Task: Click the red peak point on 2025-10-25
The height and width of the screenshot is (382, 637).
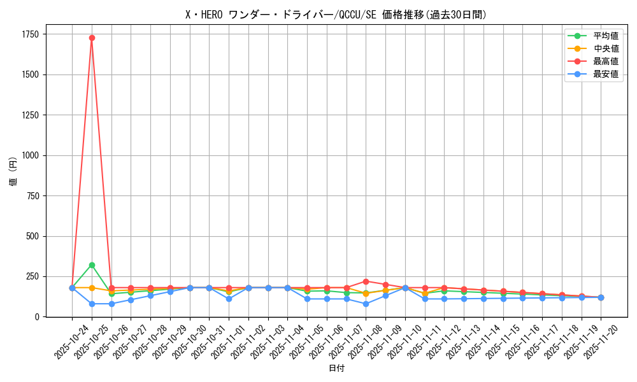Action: coord(92,38)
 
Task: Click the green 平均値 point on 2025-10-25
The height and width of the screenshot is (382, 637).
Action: coord(92,265)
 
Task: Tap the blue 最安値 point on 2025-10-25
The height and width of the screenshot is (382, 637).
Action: coord(92,304)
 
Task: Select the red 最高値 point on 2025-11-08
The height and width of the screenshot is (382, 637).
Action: coord(366,281)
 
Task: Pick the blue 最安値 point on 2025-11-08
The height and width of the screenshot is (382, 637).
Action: coord(366,304)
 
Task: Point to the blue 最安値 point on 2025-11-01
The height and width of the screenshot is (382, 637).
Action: coord(229,299)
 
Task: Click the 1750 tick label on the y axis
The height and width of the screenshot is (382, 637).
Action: coord(29,34)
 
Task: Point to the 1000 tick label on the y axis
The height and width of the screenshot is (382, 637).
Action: coord(29,155)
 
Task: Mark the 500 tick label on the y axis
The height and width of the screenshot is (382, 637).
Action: coord(32,236)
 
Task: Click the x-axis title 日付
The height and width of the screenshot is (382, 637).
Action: coord(336,369)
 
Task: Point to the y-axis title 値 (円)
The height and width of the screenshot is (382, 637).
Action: coord(13,173)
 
